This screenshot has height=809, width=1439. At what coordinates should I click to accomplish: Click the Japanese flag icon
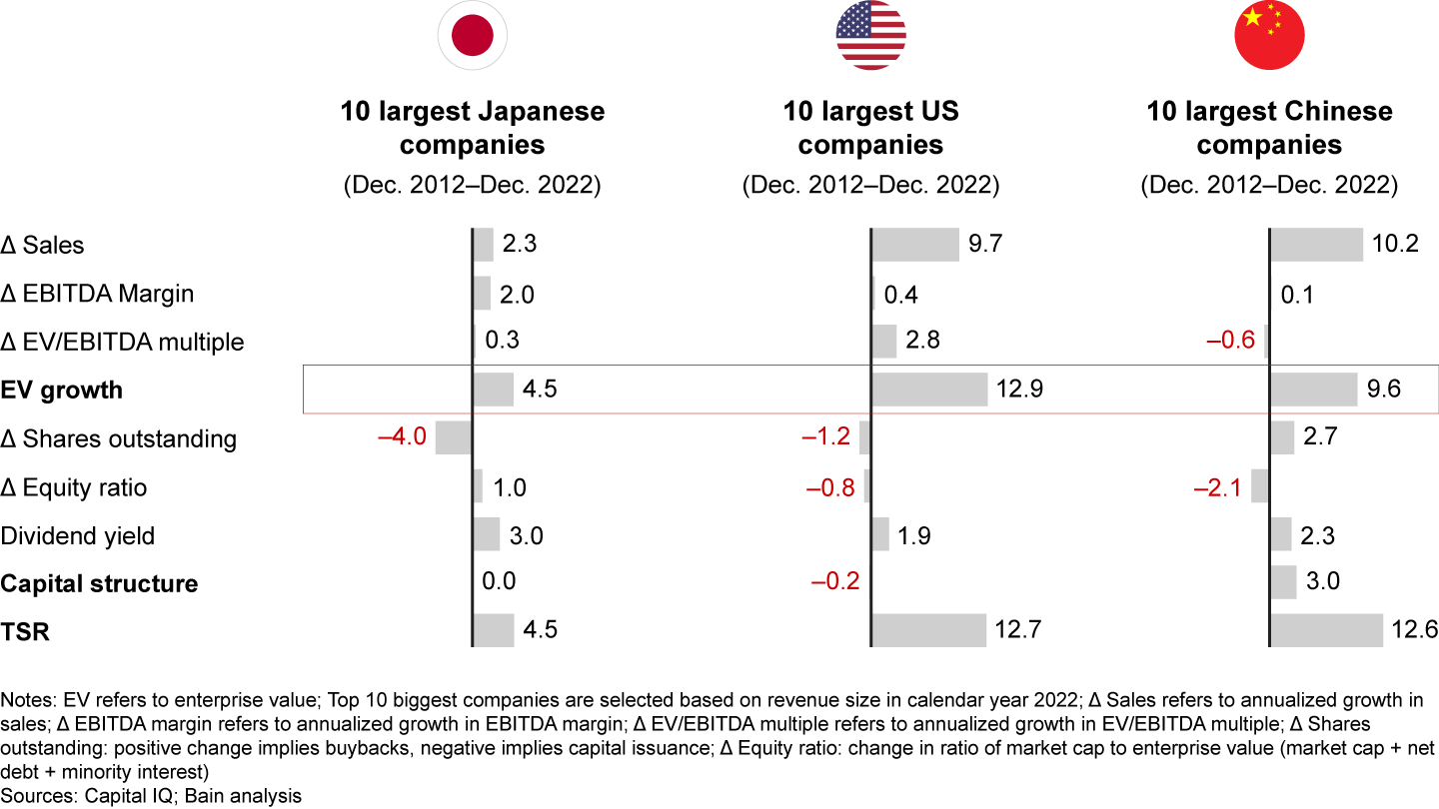(472, 36)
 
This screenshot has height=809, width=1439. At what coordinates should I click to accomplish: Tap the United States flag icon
(870, 36)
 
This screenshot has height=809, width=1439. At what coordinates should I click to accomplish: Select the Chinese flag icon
(1269, 36)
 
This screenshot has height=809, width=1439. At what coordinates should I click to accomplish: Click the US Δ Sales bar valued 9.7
(915, 245)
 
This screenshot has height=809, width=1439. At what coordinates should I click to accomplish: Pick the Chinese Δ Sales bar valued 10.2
(1316, 245)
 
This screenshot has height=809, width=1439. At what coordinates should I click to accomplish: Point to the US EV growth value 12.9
(1020, 390)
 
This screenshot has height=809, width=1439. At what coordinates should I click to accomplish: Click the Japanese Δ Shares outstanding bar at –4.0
(454, 437)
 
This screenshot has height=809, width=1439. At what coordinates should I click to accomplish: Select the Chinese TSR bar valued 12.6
(1326, 631)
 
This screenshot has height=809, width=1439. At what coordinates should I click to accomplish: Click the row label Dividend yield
(78, 535)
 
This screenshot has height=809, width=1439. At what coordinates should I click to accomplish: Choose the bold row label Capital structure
(99, 583)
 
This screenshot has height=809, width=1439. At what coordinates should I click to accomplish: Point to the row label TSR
(25, 631)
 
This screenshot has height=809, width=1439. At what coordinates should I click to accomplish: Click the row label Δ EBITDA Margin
(97, 294)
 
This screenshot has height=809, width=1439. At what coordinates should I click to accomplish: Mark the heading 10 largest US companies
(870, 128)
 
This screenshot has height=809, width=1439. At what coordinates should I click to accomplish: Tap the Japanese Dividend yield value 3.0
(527, 535)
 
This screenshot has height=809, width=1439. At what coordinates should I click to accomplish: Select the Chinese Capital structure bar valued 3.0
(1283, 582)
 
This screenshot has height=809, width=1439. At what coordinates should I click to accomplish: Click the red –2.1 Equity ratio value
(1217, 487)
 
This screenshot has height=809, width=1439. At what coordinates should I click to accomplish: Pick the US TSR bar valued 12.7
(928, 631)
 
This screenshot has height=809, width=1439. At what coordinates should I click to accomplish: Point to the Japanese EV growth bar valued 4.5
(494, 390)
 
